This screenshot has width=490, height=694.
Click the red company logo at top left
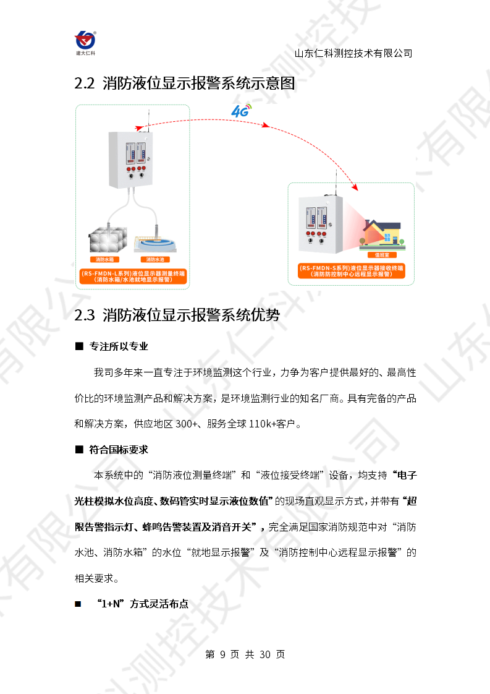(x=85, y=43)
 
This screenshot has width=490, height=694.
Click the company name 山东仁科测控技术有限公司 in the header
(x=353, y=53)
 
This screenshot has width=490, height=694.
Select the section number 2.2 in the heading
(x=84, y=84)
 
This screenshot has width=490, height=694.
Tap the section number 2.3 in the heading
(x=84, y=315)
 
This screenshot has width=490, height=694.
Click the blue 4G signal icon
(x=241, y=111)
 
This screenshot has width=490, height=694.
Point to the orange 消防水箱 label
(x=105, y=259)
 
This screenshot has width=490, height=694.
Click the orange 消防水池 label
(x=155, y=259)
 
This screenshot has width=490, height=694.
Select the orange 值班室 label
(x=382, y=255)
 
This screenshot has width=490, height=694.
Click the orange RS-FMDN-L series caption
(x=133, y=276)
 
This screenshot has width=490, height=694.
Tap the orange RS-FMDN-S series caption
(x=352, y=271)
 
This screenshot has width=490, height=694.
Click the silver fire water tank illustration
(x=108, y=239)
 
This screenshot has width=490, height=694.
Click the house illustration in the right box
(x=383, y=234)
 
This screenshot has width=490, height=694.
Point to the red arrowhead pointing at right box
(x=355, y=187)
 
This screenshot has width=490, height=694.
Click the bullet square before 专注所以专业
(x=79, y=346)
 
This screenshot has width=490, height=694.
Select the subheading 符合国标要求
(x=119, y=450)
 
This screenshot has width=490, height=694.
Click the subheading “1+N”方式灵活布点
(x=143, y=604)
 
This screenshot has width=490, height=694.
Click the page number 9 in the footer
(x=222, y=654)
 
